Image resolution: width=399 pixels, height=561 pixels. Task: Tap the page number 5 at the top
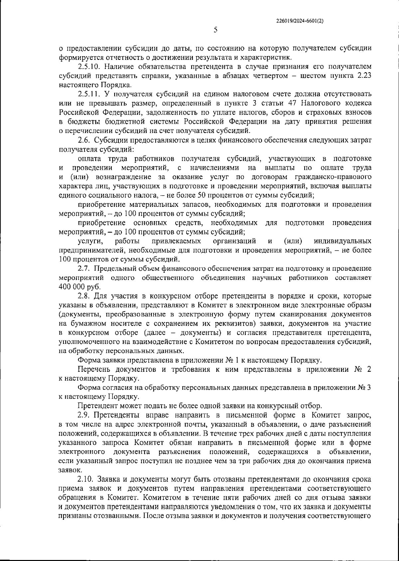pyautogui.click(x=215, y=30)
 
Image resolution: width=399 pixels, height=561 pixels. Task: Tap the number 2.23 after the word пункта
pyautogui.click(x=363, y=76)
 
